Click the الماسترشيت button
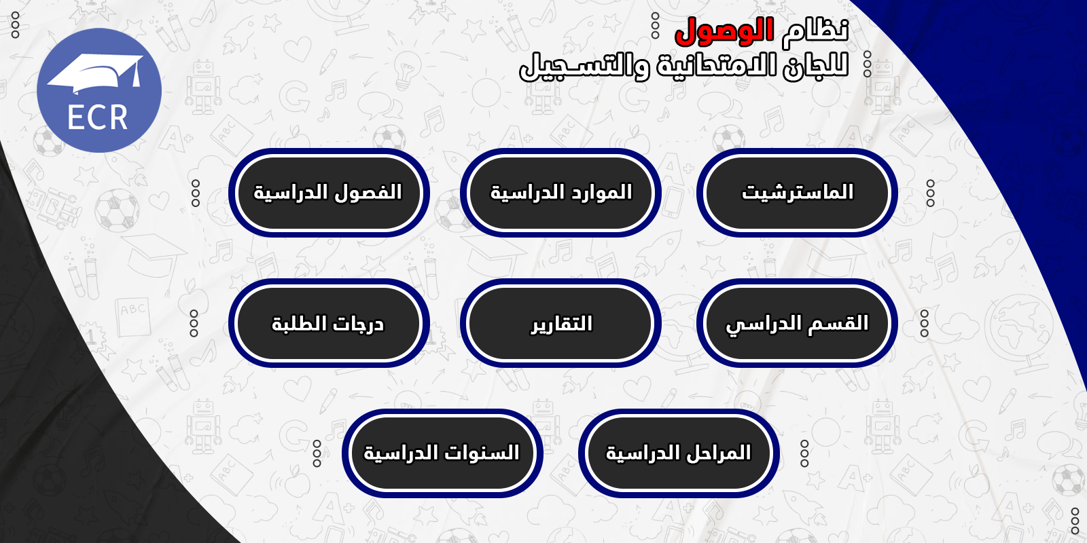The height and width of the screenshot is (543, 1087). pos(797,193)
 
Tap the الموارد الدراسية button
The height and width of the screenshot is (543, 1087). pos(560,193)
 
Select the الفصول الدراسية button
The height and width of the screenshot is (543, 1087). pos(329,193)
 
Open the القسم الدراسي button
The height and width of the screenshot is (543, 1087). pos(797,323)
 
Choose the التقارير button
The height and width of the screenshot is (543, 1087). pos(560,323)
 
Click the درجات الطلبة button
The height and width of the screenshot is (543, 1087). pos(329,323)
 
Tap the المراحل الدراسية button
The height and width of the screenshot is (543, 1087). pos(679,453)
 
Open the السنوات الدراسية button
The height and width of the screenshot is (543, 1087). pos(442,453)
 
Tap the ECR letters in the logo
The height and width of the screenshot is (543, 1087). pos(98,118)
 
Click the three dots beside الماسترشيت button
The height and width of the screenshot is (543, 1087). pos(930,193)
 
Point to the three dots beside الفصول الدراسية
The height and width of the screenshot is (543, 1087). pos(196,193)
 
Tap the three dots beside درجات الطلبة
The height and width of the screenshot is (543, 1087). pos(194,323)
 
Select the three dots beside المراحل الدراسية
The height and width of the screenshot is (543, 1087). pos(804,454)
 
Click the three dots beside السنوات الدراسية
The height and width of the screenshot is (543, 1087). pos(317,454)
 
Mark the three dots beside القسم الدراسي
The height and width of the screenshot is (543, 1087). pos(925,323)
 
